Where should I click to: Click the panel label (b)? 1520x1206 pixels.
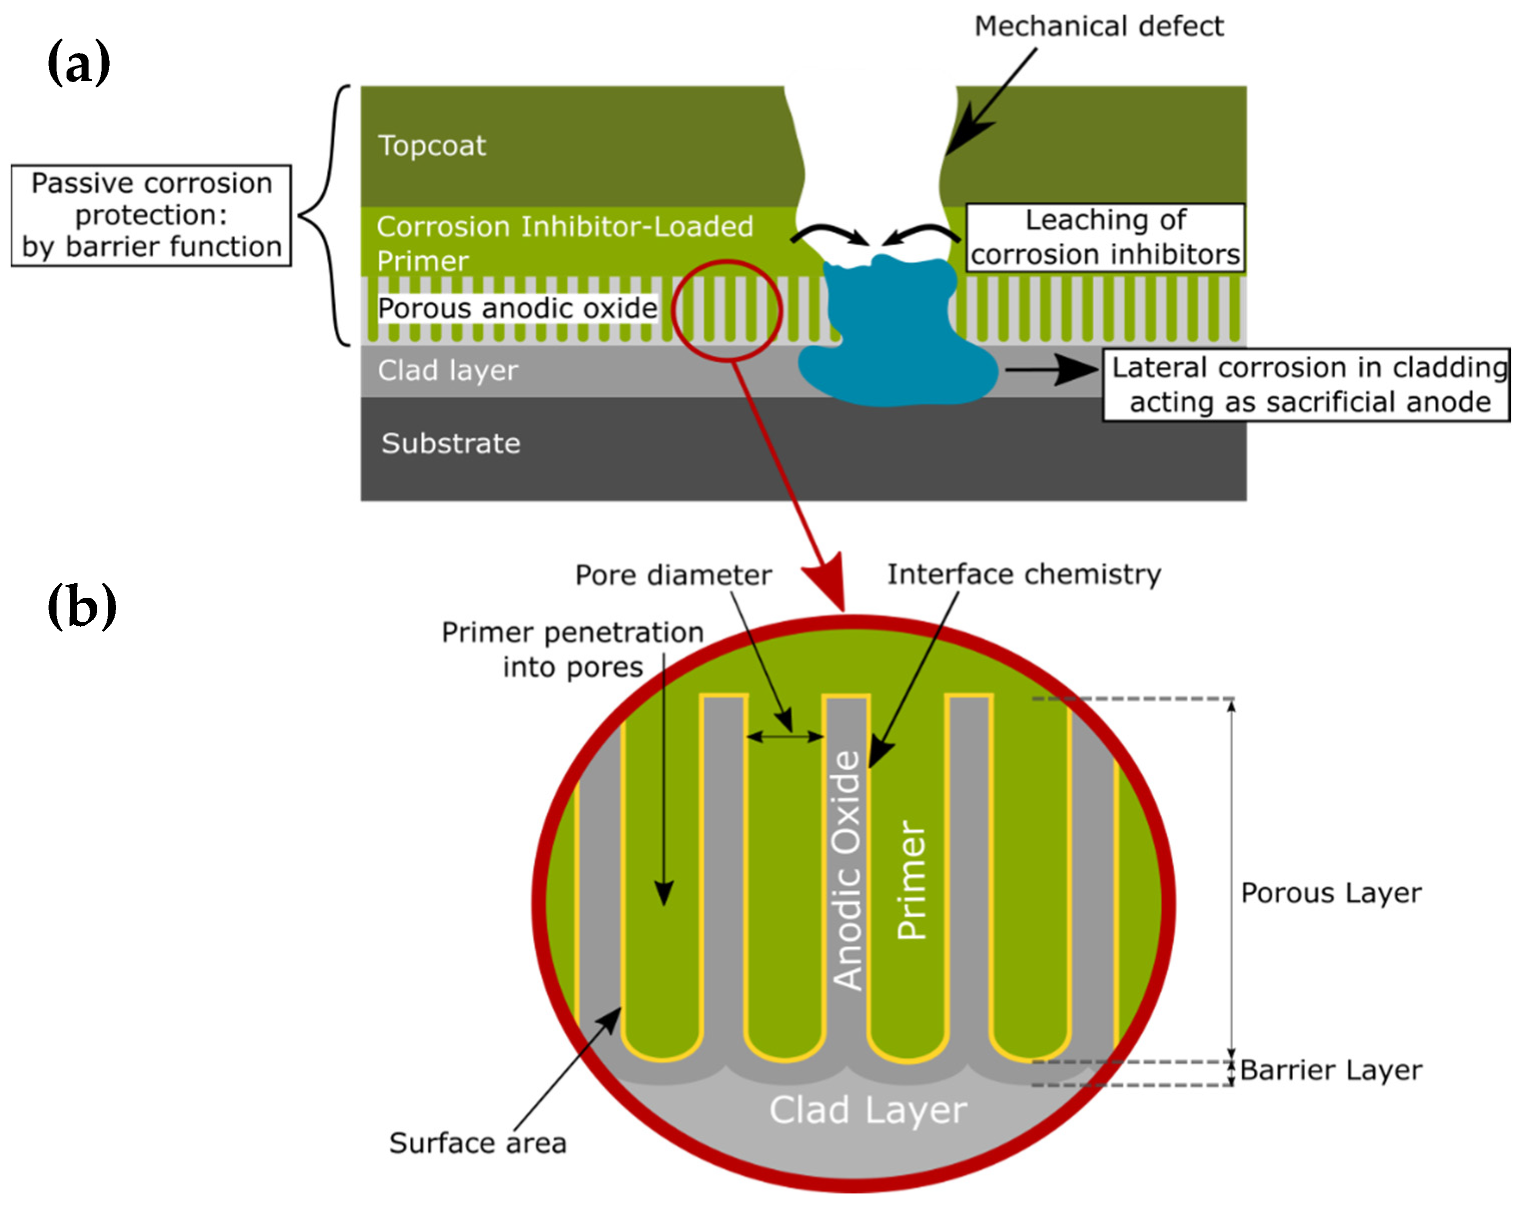point(81,606)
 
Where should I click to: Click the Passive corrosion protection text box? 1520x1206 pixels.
point(151,215)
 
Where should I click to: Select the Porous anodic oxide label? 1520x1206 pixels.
point(517,309)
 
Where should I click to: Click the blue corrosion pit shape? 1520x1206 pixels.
point(896,338)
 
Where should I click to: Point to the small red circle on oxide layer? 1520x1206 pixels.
point(726,311)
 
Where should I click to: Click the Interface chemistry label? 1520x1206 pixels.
point(1023,574)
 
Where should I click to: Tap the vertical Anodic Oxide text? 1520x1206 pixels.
point(847,870)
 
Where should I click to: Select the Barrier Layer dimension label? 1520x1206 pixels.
point(1330,1070)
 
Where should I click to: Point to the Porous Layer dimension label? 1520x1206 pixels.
point(1330,893)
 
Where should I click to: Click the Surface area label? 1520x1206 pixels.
point(477,1142)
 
